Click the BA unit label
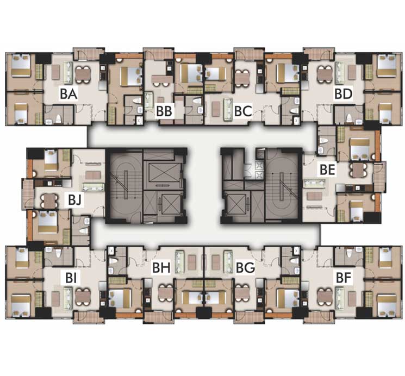click(x=68, y=94)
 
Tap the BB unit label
click(x=164, y=111)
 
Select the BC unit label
click(x=243, y=111)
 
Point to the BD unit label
click(x=343, y=94)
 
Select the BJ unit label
click(x=75, y=199)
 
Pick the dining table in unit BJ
click(x=49, y=200)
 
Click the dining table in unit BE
click(x=357, y=170)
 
